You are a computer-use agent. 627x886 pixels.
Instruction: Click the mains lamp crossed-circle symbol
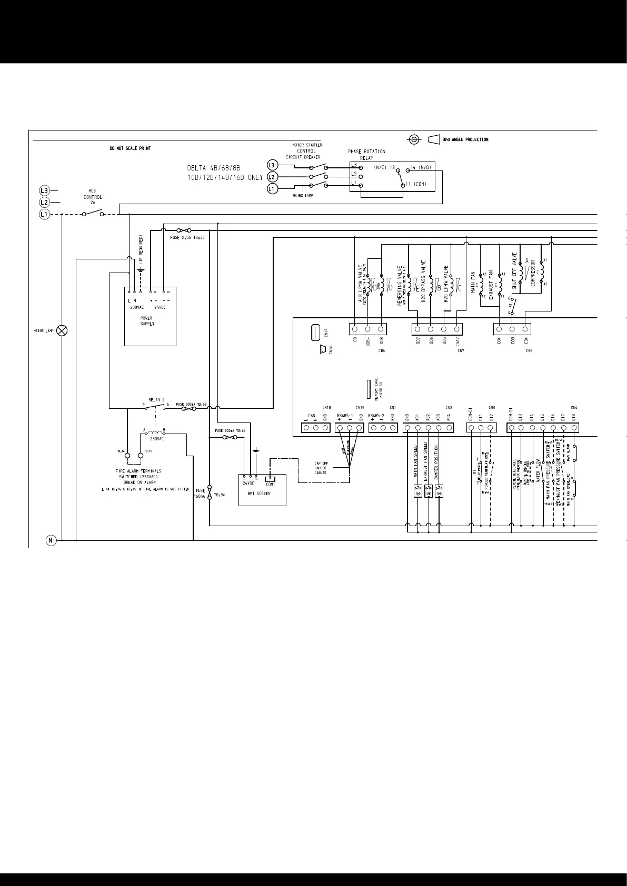coord(62,330)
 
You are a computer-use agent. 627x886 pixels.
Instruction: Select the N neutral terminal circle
coord(51,540)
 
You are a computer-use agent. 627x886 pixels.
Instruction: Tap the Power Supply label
coord(146,321)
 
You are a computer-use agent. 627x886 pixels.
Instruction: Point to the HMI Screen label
coord(258,494)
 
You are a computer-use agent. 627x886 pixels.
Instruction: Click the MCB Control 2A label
coord(92,197)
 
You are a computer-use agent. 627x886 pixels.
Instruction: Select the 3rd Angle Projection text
coord(465,139)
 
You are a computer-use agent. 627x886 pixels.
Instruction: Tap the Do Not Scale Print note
coord(130,148)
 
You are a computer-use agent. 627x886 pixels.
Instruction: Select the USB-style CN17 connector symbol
coord(316,333)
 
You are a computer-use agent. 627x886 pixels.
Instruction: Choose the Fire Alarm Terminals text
coord(138,471)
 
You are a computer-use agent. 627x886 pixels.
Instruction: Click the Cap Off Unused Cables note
coord(321,468)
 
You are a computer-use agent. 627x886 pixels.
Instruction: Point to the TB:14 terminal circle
coord(127,455)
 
